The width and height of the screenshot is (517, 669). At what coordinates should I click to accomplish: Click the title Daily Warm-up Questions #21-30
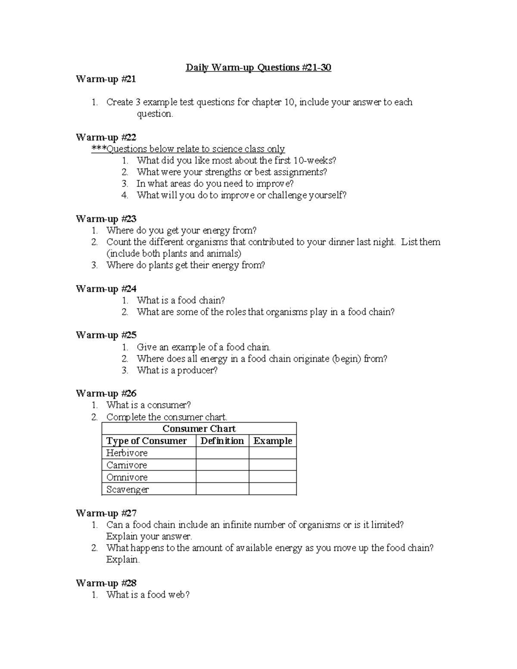click(x=258, y=68)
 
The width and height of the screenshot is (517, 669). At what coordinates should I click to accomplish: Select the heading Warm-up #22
click(x=106, y=137)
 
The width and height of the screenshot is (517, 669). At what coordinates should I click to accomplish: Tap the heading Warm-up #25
click(x=106, y=335)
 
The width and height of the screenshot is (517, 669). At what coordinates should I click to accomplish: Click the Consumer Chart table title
click(x=199, y=429)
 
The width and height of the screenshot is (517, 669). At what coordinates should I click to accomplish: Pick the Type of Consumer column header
click(x=146, y=441)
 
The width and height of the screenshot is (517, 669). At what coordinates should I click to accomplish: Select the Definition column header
click(x=222, y=441)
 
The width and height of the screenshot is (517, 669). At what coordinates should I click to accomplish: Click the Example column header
click(x=273, y=441)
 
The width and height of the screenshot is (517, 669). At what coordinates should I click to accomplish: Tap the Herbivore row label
click(x=127, y=453)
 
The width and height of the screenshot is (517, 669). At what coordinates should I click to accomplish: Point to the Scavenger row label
click(x=128, y=489)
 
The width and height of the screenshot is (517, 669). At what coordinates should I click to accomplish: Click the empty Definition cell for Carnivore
click(x=222, y=465)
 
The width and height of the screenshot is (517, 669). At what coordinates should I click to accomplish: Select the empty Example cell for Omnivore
click(x=273, y=477)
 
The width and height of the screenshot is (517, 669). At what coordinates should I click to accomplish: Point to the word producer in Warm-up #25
click(x=196, y=370)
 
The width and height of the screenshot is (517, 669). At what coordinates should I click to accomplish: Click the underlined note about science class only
click(x=188, y=149)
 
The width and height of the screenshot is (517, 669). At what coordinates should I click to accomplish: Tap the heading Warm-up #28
click(x=106, y=583)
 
